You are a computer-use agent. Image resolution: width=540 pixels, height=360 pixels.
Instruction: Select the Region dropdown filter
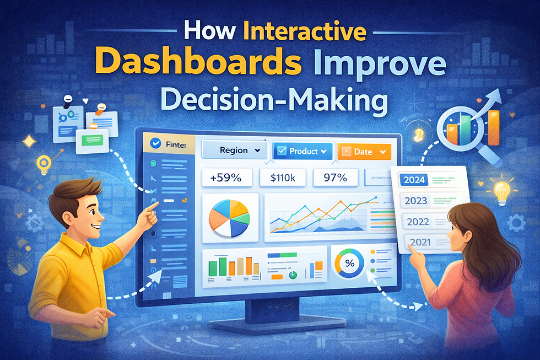coord(235,151)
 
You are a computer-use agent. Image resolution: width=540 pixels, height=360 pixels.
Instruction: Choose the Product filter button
coord(303,151)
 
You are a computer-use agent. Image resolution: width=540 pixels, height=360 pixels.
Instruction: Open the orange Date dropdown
coord(364,152)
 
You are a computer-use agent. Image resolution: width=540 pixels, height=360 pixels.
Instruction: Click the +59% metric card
coord(227,178)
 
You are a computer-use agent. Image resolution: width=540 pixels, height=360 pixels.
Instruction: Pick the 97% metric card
coord(335,178)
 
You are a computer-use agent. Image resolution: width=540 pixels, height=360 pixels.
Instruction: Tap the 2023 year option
coord(417,201)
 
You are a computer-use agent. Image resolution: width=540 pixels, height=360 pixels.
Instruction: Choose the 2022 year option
coord(417,222)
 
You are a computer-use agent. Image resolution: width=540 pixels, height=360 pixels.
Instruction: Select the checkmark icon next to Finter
coord(155,143)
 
